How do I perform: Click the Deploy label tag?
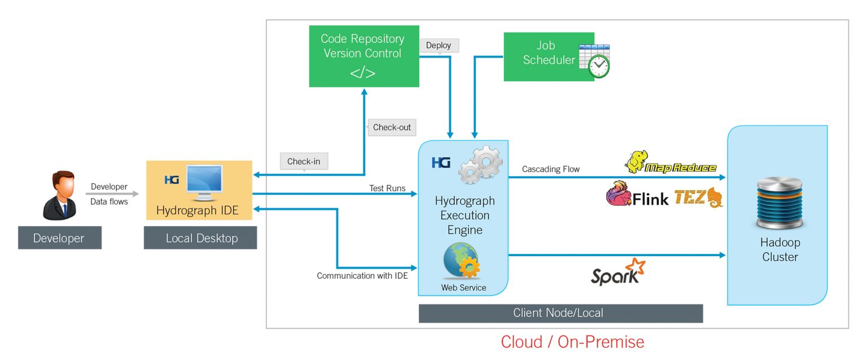(x=439, y=46)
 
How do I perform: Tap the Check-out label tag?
(x=392, y=128)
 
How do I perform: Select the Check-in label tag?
(x=304, y=162)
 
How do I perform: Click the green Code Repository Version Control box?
(x=364, y=56)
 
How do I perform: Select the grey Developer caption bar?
(x=59, y=238)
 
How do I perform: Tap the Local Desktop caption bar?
(x=200, y=238)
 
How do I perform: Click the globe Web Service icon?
(x=462, y=261)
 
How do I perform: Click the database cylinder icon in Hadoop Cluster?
(x=780, y=203)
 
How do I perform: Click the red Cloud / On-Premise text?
(x=572, y=342)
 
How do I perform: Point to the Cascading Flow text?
(x=550, y=169)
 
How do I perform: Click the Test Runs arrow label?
(x=387, y=188)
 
